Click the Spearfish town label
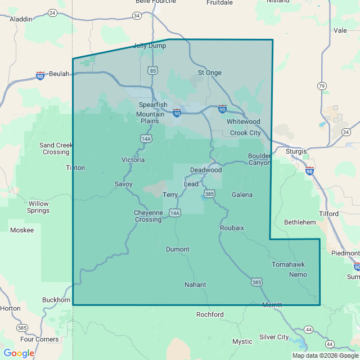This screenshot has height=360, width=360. (153, 105)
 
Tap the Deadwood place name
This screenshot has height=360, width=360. (206, 170)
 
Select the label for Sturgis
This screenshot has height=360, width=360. (296, 151)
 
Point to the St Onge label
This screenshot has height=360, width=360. (209, 73)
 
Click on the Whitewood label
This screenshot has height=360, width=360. (243, 121)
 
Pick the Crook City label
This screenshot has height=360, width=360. (245, 133)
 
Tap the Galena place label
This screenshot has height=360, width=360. (242, 195)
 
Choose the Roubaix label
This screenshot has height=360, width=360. (232, 228)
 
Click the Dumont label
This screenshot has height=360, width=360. (178, 249)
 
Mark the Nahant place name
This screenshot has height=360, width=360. (195, 285)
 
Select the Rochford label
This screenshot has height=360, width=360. (210, 314)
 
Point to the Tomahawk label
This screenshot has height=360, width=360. (288, 264)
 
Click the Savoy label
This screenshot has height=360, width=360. (124, 184)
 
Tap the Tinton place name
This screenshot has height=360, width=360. (75, 168)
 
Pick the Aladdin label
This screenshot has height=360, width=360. (21, 19)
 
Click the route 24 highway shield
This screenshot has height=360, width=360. (52, 12)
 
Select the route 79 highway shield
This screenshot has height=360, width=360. (321, 86)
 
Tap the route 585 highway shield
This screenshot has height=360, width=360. (22, 327)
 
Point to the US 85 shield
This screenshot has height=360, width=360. (153, 70)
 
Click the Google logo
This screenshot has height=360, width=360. (19, 353)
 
